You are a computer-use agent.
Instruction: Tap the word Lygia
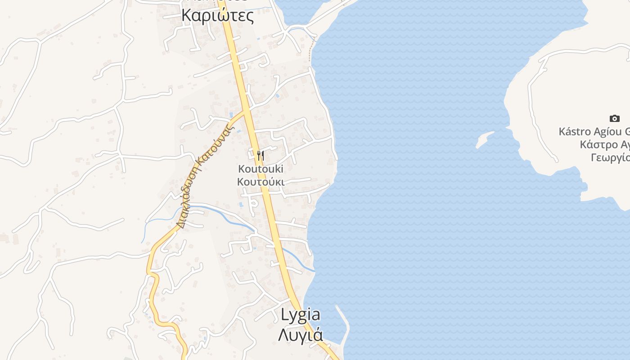[301, 315]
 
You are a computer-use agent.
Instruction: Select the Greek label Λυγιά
[301, 335]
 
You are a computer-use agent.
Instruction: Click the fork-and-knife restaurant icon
[261, 156]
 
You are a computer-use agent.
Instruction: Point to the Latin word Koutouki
[261, 169]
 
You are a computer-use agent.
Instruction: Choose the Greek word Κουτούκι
[261, 182]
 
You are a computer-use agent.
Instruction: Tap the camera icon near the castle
[614, 118]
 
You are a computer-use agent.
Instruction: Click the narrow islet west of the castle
[484, 139]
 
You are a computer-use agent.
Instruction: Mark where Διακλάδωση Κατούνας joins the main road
[246, 111]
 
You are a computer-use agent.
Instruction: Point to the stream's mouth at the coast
[314, 271]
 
